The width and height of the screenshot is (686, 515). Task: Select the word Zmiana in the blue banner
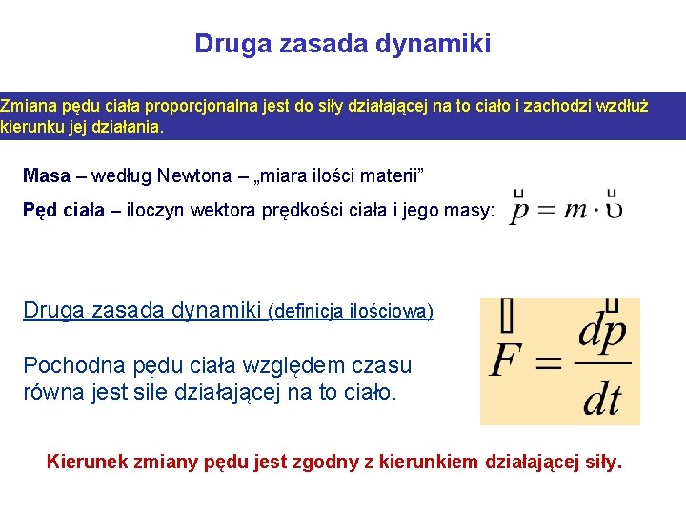pyautogui.click(x=25, y=106)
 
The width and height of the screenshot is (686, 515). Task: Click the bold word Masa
pyautogui.click(x=47, y=175)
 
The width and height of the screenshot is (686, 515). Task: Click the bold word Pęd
pyautogui.click(x=39, y=210)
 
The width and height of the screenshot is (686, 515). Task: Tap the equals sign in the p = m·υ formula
pyautogui.click(x=546, y=210)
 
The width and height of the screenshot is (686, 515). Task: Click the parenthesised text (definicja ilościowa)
pyautogui.click(x=352, y=311)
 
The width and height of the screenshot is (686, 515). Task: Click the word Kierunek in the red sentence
pyautogui.click(x=85, y=463)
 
